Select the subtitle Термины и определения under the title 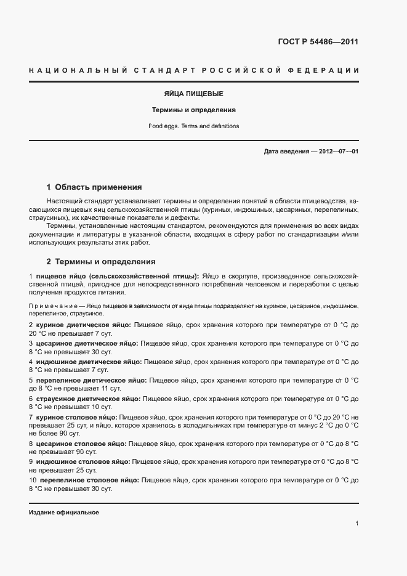pos(194,110)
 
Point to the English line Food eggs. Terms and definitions pos(194,126)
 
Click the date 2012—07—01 pos(337,152)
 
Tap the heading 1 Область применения pos(94,187)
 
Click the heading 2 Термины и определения pos(101,261)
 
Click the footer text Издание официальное pos(63,513)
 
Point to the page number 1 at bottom pos(357,524)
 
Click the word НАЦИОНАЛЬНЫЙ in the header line pos(78,71)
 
